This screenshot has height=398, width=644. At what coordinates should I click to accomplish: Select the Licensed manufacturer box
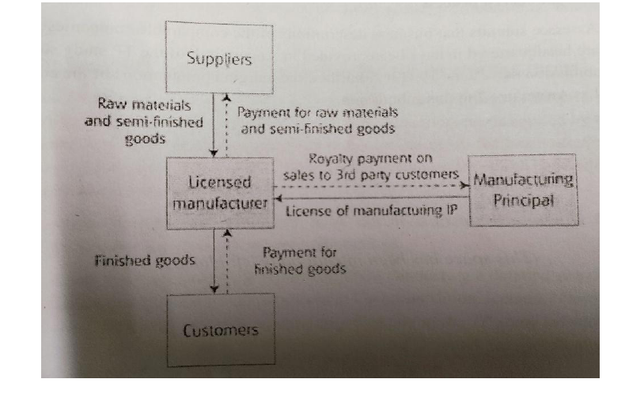[x=217, y=192]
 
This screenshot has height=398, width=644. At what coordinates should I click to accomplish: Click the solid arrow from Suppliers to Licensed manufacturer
[x=214, y=127]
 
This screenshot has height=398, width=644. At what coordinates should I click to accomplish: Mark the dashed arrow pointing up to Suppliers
[x=228, y=127]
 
